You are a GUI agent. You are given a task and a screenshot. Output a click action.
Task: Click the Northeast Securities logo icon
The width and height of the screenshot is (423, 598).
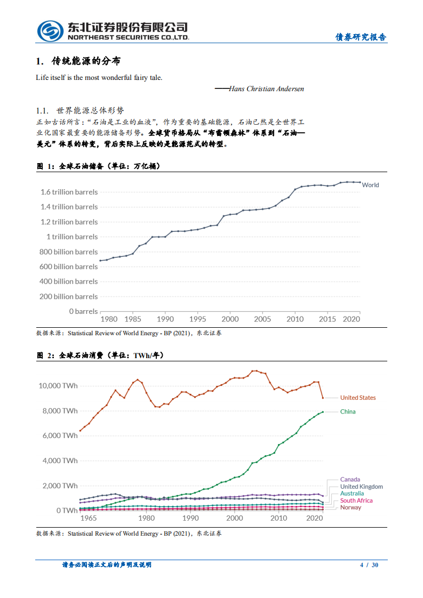(x=50, y=31)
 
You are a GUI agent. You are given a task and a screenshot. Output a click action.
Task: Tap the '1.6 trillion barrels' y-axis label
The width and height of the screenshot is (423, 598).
(x=68, y=192)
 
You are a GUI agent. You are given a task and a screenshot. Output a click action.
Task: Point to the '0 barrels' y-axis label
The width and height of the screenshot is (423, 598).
(x=83, y=311)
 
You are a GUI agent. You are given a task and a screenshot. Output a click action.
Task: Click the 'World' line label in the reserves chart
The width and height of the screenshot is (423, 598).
(x=370, y=185)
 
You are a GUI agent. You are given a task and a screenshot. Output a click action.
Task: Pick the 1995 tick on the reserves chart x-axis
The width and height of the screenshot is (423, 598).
(x=197, y=319)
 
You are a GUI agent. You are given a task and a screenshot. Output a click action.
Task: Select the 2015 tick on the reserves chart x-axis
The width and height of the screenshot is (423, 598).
(x=327, y=319)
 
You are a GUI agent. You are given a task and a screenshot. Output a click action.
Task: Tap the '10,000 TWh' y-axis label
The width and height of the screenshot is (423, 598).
(x=58, y=385)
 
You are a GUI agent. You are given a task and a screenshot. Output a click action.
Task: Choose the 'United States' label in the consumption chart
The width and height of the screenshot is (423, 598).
(x=358, y=398)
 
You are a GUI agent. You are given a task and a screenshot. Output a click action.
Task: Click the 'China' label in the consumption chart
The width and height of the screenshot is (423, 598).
(x=348, y=411)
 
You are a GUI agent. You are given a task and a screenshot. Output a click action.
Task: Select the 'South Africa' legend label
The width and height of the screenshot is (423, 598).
(x=356, y=500)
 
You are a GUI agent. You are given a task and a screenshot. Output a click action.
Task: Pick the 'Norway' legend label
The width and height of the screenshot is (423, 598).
(x=350, y=507)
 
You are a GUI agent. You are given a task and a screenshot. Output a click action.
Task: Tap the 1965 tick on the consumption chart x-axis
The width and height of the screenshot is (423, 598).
(x=88, y=518)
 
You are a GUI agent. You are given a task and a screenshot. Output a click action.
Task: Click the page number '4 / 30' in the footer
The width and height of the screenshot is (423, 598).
(x=369, y=565)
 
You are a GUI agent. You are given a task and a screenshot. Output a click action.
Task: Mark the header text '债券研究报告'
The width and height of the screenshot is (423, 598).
(x=361, y=37)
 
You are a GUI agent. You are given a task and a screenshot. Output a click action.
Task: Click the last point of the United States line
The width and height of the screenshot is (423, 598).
(x=323, y=398)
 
